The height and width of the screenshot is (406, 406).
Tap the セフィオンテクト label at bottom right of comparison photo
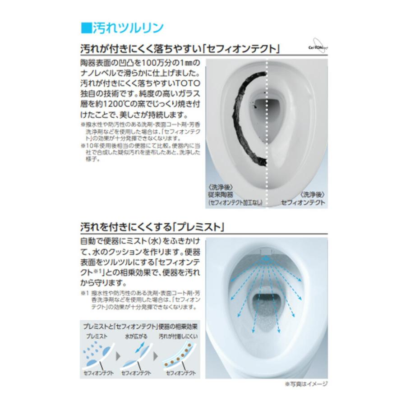click(x=303, y=203)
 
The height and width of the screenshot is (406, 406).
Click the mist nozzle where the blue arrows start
click(x=267, y=253)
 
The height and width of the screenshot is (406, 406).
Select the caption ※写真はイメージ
click(x=305, y=384)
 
